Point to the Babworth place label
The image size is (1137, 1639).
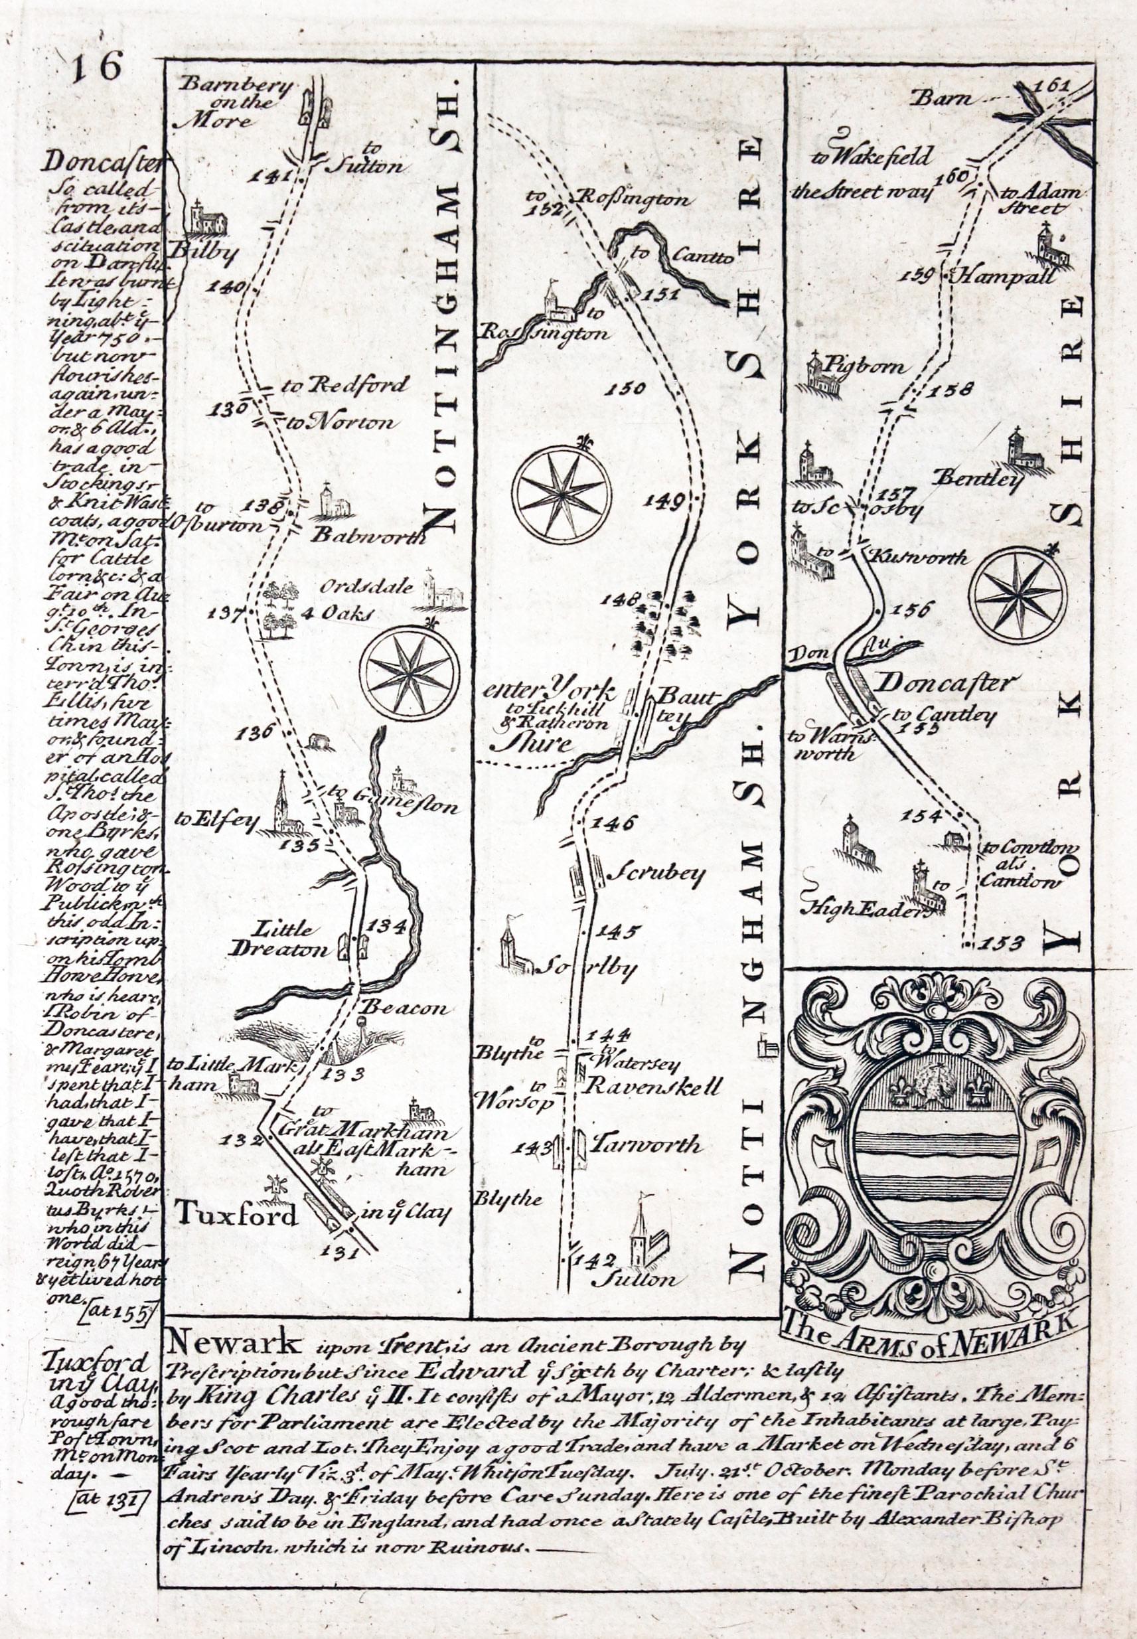tap(368, 536)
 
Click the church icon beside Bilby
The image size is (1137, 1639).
tap(207, 219)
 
